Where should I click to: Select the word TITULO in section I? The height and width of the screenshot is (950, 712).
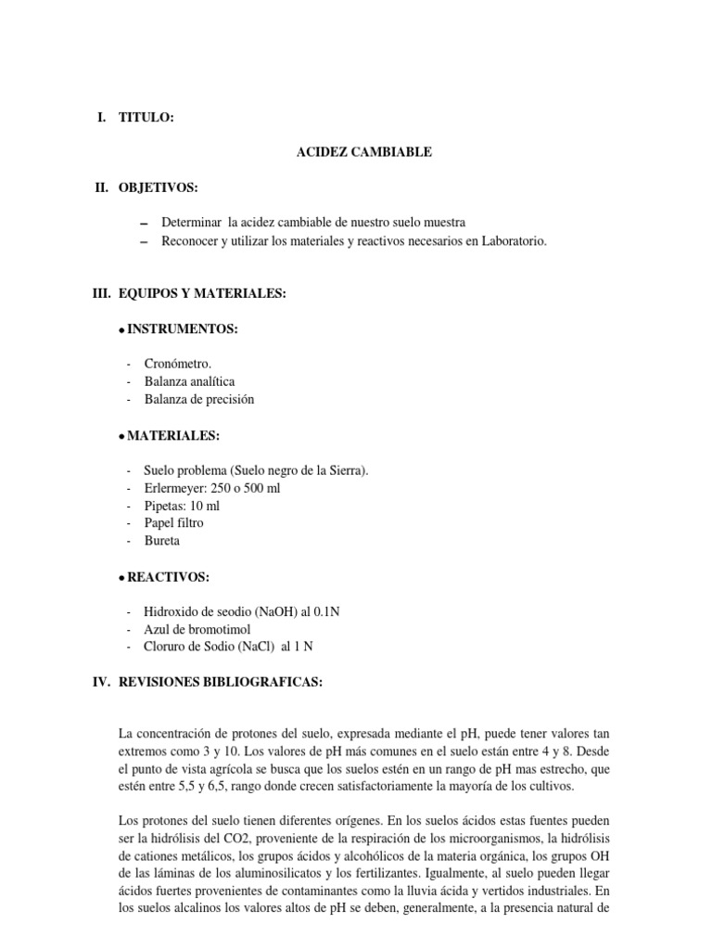pos(146,117)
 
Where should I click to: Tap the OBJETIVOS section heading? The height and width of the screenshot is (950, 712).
pos(158,187)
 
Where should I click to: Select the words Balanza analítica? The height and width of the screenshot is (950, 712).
pos(189,381)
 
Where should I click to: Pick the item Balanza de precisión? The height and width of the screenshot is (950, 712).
pos(198,399)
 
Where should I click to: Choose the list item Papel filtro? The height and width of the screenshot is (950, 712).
pos(173,523)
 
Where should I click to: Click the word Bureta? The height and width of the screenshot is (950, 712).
pos(162,540)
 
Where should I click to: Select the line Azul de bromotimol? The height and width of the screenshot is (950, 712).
pos(197,629)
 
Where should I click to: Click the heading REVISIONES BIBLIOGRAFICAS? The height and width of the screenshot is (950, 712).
pos(221,682)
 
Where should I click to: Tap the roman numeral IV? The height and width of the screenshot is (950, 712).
pos(99,682)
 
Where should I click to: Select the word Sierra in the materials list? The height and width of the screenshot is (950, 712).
pos(347,470)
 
